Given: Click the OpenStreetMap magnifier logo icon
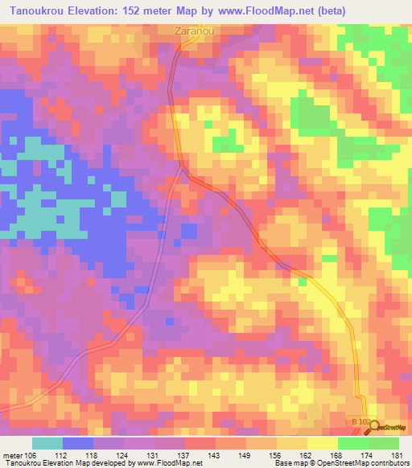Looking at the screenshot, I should point(376,427).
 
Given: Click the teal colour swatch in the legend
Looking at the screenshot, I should point(47,443).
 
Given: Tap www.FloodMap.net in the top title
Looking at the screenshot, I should point(283,10).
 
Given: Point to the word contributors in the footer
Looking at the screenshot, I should point(389,463).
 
